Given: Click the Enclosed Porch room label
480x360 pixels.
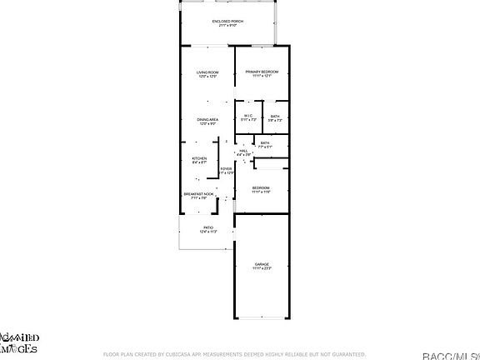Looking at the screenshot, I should [x=227, y=20].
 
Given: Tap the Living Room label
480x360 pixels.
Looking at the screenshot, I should [x=207, y=72].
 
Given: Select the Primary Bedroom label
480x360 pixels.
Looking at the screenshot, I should [x=262, y=72].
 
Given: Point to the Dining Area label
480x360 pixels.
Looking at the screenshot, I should [x=207, y=120].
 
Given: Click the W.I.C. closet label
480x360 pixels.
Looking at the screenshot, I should [x=247, y=116].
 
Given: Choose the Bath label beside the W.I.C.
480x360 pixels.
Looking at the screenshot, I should [x=275, y=117].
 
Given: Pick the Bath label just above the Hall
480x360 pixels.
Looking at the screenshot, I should [x=265, y=142].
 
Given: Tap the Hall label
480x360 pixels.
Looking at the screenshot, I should [x=243, y=151].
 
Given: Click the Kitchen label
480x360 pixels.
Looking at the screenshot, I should [x=199, y=158].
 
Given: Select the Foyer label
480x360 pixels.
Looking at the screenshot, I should [x=226, y=168].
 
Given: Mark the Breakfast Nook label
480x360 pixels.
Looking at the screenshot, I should [x=199, y=194].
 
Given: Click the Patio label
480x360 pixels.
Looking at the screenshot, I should [x=208, y=227].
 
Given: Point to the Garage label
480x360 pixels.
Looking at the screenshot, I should [x=262, y=264].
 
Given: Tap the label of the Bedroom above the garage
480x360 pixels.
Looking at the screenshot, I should [x=262, y=187].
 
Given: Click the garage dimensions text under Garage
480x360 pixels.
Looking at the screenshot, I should [x=262, y=269].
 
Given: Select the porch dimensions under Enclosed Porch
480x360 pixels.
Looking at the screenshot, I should [x=227, y=25].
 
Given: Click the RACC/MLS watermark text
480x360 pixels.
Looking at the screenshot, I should [x=450, y=356].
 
